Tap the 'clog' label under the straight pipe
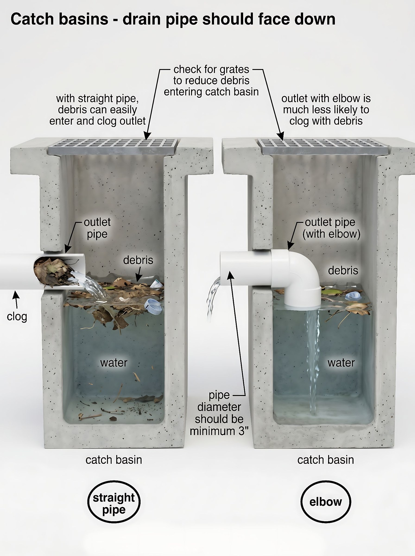click(x=17, y=317)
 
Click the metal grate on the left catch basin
click(x=113, y=147)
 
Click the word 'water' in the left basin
click(x=114, y=363)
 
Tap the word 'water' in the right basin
click(x=341, y=363)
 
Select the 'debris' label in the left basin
click(x=138, y=260)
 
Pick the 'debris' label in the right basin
click(x=343, y=270)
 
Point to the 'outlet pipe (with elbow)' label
click(x=331, y=228)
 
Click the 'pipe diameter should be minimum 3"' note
click(x=219, y=413)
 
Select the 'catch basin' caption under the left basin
click(x=114, y=460)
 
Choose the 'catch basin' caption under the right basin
click(x=326, y=460)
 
